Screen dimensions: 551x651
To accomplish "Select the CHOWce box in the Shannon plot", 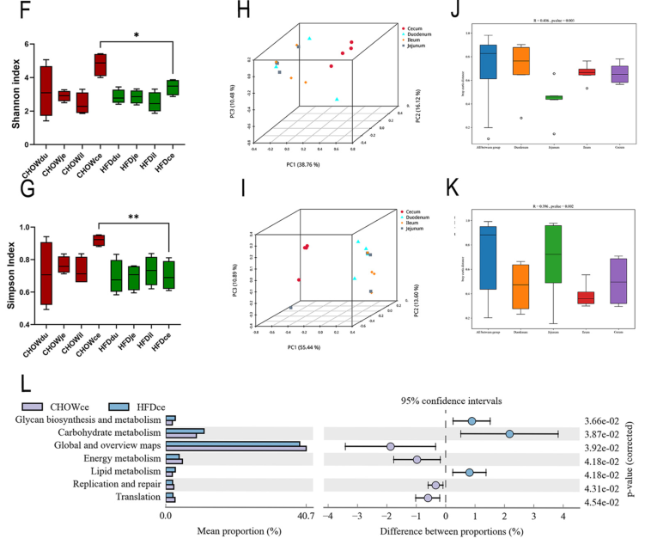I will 100,64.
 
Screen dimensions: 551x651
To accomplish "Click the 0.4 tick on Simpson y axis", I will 27,324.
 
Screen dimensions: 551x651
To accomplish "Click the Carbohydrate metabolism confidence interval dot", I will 509,433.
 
